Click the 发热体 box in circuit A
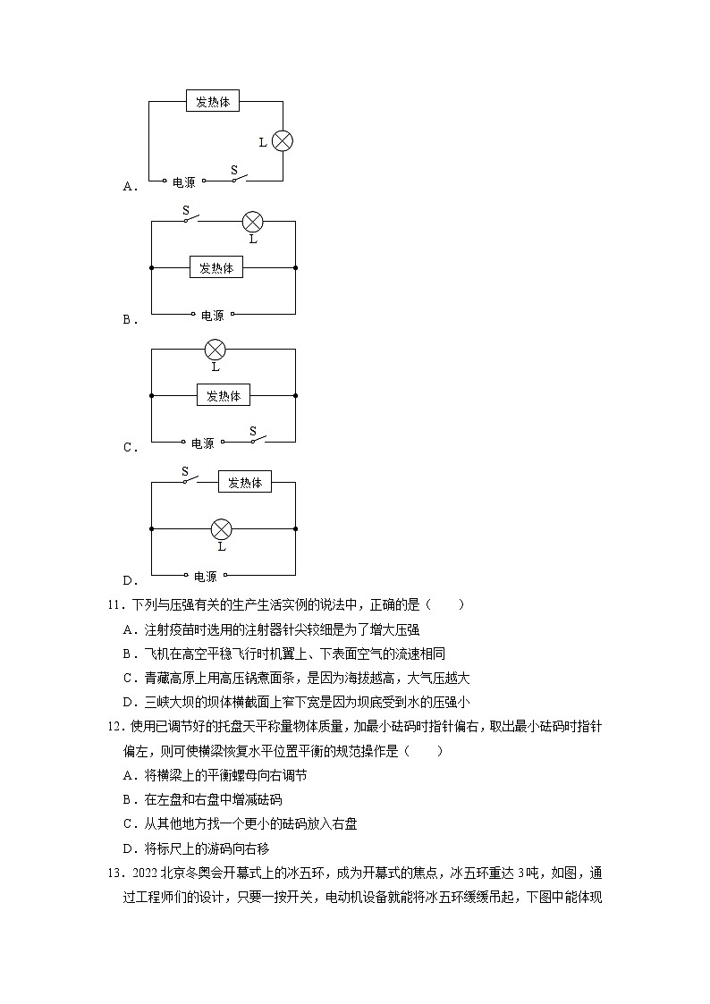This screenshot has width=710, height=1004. click(x=213, y=102)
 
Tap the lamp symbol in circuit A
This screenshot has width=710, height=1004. click(x=283, y=141)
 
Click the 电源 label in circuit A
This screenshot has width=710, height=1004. click(x=183, y=182)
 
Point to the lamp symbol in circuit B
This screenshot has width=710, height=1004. click(x=253, y=222)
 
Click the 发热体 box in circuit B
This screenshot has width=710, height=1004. click(x=216, y=267)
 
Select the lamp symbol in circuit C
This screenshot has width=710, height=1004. click(x=215, y=349)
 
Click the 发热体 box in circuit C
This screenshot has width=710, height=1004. click(x=224, y=395)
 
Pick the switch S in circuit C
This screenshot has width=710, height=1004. click(x=256, y=438)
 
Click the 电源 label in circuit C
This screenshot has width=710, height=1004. click(x=203, y=443)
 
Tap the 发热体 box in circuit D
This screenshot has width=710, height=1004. click(x=245, y=482)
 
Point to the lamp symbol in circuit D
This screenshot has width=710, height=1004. click(x=221, y=529)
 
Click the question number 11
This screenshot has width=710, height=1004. click(x=114, y=604)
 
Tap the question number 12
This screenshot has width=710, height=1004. click(x=114, y=728)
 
